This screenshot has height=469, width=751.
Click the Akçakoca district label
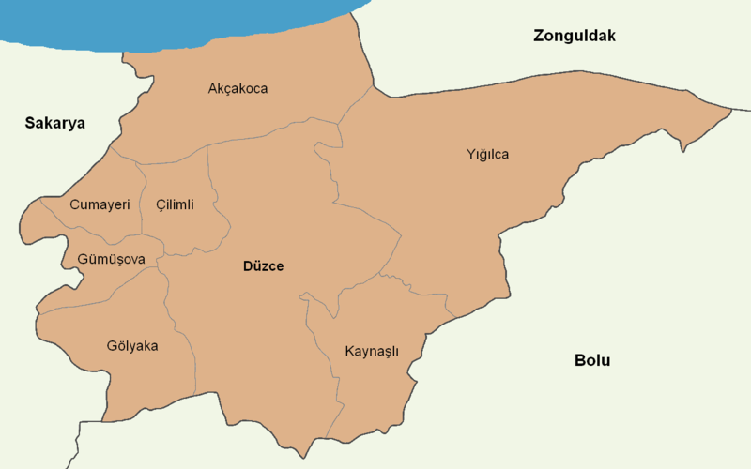coord(238,89)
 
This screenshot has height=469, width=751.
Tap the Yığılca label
coord(487,154)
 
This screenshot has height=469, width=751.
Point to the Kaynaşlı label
coord(372,352)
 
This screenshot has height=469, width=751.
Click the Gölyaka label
coord(132,346)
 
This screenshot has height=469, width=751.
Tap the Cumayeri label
coord(100,204)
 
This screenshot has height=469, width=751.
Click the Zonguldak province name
coord(574,36)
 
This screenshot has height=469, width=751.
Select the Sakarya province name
coord(55,123)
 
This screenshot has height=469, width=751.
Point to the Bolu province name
coord(592,360)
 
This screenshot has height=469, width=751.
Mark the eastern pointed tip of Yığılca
coord(729,111)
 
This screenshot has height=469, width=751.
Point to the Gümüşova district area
coord(94,277)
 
